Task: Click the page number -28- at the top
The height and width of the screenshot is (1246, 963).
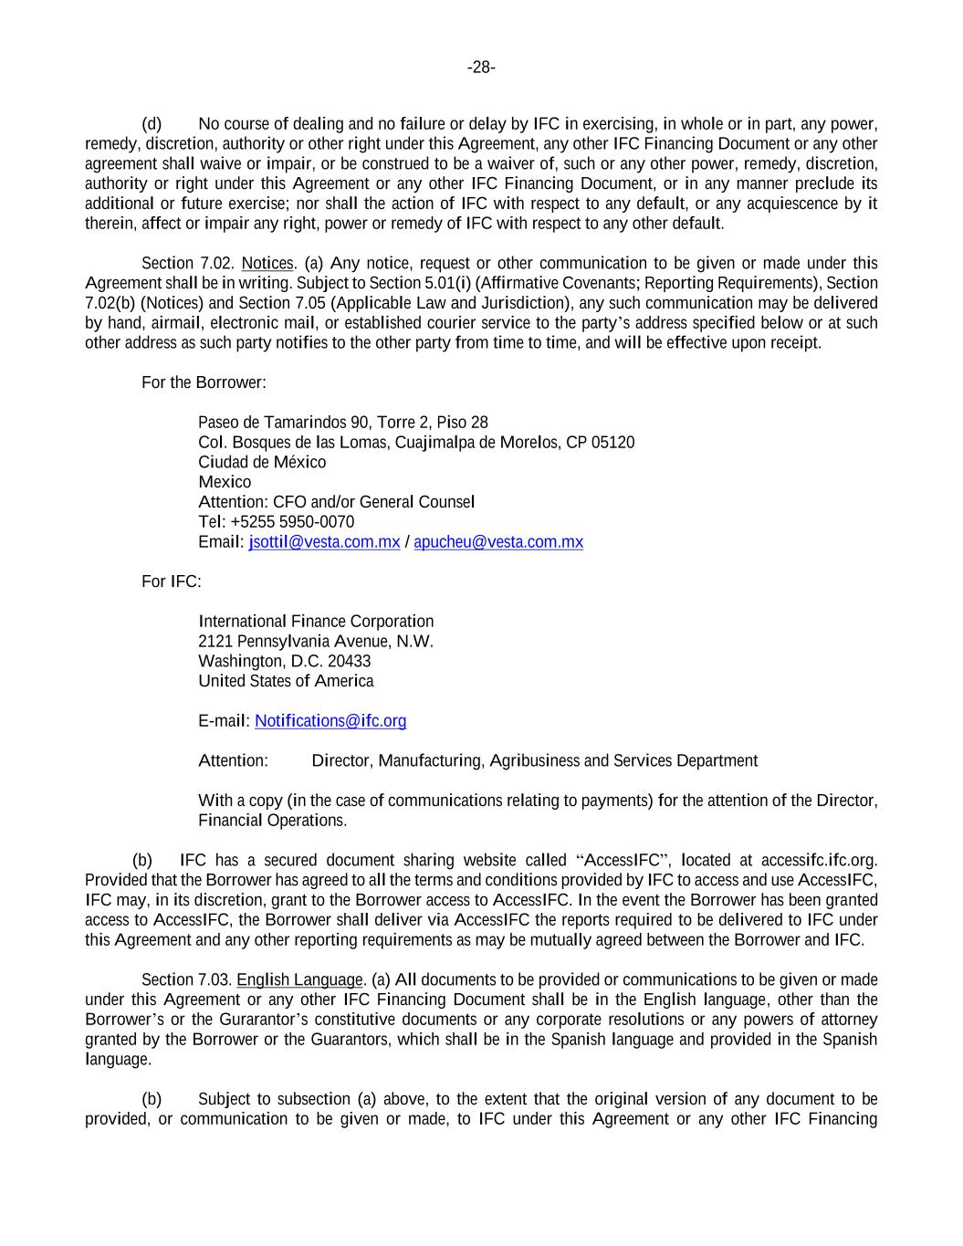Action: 481,68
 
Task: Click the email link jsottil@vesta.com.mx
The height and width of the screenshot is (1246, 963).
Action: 324,542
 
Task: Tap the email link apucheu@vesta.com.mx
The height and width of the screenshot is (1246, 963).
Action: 498,542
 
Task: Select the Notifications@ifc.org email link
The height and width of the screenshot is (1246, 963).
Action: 330,721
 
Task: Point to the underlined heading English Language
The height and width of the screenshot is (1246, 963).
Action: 299,980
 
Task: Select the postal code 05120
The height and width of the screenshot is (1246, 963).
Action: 613,443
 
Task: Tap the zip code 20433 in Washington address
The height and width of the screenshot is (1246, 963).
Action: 349,661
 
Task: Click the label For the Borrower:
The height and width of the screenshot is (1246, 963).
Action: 204,382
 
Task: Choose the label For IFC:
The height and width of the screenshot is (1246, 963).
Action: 172,581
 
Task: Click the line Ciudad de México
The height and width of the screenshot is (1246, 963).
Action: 262,462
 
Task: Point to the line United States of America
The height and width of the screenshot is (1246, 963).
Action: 286,681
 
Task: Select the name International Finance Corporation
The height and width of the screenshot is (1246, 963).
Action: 316,622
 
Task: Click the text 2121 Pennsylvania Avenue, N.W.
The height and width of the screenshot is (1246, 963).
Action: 316,642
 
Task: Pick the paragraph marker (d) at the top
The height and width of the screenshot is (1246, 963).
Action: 152,124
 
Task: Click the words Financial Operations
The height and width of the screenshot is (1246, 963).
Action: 272,821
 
